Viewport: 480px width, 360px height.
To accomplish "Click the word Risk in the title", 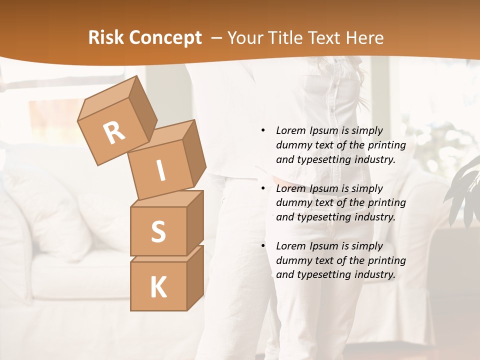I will pyautogui.click(x=105, y=38).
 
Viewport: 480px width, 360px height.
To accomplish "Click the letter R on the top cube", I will pyautogui.click(x=114, y=132).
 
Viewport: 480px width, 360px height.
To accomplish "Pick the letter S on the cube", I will pyautogui.click(x=158, y=231).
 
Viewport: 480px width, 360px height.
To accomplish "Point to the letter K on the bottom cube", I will pyautogui.click(x=158, y=287).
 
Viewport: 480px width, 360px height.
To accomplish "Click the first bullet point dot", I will pyautogui.click(x=263, y=130).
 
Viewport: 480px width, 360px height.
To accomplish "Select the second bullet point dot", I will pyautogui.click(x=263, y=188).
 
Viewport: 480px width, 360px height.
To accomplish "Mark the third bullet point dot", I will pyautogui.click(x=263, y=246).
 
